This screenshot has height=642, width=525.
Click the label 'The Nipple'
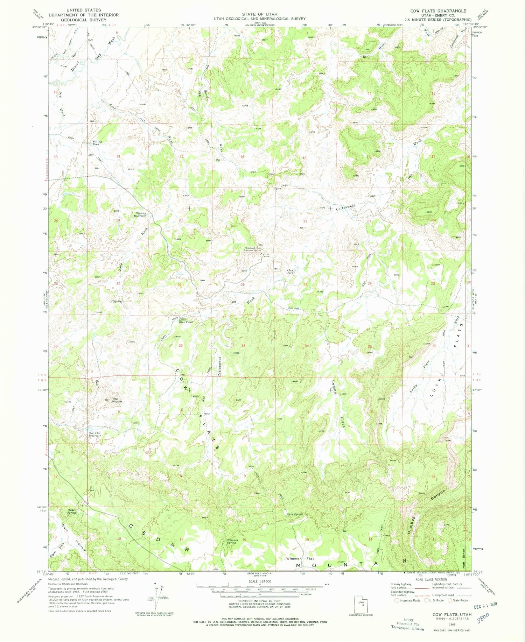[x=117, y=400]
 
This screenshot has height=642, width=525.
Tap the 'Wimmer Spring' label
[x=233, y=542]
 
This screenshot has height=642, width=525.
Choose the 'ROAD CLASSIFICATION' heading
[x=431, y=579]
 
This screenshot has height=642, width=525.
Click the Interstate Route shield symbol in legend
[x=397, y=600]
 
